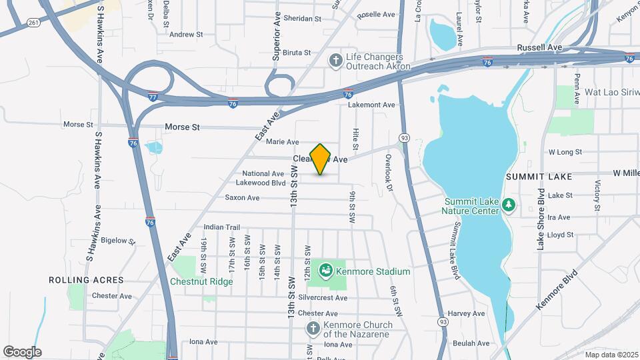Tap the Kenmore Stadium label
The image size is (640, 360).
[x=373, y=271]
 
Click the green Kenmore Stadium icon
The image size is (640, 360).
[x=326, y=271]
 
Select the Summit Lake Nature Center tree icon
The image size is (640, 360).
[x=509, y=204]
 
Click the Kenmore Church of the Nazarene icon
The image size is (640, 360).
[x=313, y=328]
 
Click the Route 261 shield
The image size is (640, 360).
[x=33, y=23]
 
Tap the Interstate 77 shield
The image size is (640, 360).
[x=153, y=97]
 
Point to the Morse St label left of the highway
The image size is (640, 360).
[x=78, y=125]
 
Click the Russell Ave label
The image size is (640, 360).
[x=539, y=48]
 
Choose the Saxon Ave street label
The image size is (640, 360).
[x=242, y=197]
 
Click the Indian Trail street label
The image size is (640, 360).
[x=221, y=227]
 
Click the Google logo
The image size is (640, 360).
[x=22, y=352]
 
